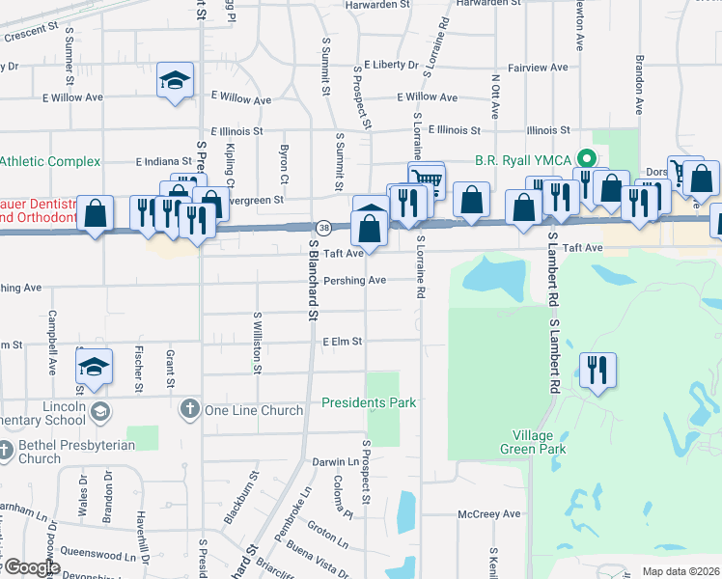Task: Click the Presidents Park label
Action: click(369, 402)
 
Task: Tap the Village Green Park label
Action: click(533, 441)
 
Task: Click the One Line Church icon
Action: click(189, 410)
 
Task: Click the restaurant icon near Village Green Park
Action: click(597, 370)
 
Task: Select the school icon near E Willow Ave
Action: click(175, 81)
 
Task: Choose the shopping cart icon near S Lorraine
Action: click(426, 179)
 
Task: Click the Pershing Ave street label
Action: click(355, 280)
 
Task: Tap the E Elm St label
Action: click(343, 342)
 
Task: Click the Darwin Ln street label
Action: click(335, 462)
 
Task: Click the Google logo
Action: click(33, 568)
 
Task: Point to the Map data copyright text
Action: click(680, 571)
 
